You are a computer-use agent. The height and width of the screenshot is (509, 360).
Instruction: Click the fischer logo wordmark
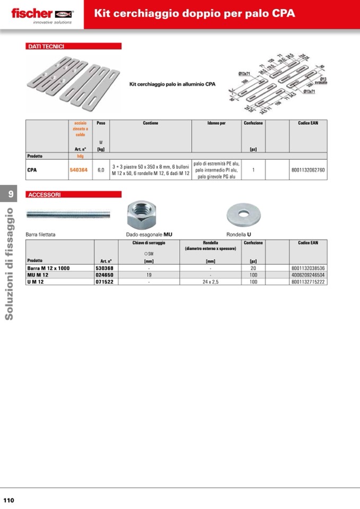pyautogui.click(x=32, y=13)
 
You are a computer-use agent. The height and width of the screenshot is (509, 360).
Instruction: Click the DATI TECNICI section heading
pyautogui.click(x=46, y=47)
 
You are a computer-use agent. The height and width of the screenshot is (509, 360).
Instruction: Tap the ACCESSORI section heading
pyautogui.click(x=45, y=195)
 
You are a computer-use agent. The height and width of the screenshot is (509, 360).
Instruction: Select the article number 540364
pyautogui.click(x=79, y=170)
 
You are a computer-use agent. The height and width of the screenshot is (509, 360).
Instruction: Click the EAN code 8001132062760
pyautogui.click(x=308, y=170)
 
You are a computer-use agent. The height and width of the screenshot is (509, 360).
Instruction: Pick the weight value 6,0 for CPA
pyautogui.click(x=101, y=170)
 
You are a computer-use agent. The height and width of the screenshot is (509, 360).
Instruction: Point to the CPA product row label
pyautogui.click(x=32, y=170)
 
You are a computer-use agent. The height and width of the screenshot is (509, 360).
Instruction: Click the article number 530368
pyautogui.click(x=106, y=268)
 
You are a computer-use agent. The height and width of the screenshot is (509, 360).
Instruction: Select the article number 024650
pyautogui.click(x=106, y=275)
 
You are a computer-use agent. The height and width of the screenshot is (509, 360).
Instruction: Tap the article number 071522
pyautogui.click(x=106, y=282)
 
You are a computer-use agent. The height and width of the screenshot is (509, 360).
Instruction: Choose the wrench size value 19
pyautogui.click(x=149, y=275)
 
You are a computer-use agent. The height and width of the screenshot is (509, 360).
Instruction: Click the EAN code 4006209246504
pyautogui.click(x=308, y=275)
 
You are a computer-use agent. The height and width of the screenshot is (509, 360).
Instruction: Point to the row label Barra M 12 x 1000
pyautogui.click(x=48, y=268)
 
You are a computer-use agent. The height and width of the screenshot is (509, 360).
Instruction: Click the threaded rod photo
pyautogui.click(x=68, y=214)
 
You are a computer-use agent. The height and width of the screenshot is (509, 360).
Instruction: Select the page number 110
pyautogui.click(x=8, y=500)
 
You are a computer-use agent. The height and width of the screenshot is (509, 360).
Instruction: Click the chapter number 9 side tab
pyautogui.click(x=10, y=195)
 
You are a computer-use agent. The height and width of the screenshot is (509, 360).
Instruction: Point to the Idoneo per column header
pyautogui.click(x=216, y=123)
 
